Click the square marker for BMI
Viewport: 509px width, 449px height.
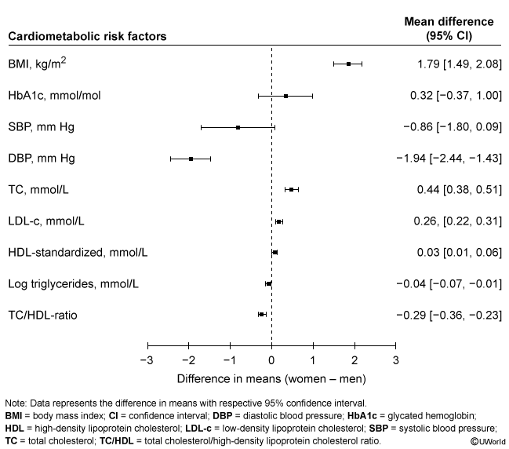click(349, 64)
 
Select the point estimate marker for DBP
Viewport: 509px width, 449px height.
click(191, 159)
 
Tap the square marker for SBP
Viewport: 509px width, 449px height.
click(238, 127)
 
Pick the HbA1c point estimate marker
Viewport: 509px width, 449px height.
click(285, 96)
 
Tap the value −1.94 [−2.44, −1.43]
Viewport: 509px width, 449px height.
click(449, 159)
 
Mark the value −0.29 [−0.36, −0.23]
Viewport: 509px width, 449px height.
click(449, 316)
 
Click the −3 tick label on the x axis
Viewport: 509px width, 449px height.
click(146, 361)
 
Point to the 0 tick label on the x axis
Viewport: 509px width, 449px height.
click(271, 361)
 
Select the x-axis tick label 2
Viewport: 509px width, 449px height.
click(354, 361)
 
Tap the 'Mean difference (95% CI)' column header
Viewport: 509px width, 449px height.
click(449, 29)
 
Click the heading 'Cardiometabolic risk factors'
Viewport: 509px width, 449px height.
click(86, 36)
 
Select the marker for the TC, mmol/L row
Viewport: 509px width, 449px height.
click(291, 190)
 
